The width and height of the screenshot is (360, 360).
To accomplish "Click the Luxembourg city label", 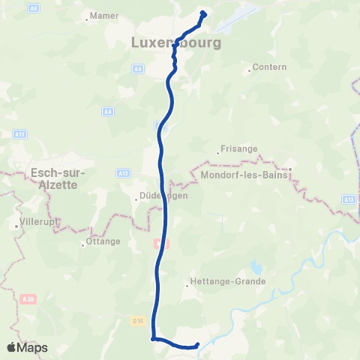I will coord(176,43).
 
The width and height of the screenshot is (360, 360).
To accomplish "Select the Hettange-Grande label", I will coord(229,281).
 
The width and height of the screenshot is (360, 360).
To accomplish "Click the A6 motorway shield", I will coord(34,7).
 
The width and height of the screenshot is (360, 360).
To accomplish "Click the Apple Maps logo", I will coord(27,347).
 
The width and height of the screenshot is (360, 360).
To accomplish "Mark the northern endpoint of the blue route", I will coord(203,13).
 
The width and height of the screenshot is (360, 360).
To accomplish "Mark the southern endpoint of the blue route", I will coord(197,345).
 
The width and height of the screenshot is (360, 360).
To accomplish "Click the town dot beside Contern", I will coord(249,72).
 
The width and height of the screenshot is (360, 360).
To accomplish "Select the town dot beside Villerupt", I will coord(16,224).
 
